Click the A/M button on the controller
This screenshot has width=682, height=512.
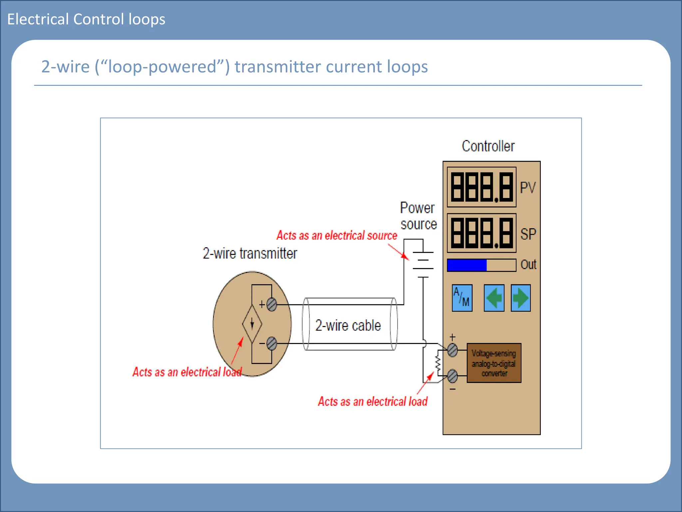pyautogui.click(x=462, y=298)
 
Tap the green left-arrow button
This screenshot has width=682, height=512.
pyautogui.click(x=494, y=298)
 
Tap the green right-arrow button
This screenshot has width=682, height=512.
pyautogui.click(x=520, y=298)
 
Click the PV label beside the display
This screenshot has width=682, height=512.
pyautogui.click(x=528, y=188)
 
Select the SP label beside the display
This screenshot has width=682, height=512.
pyautogui.click(x=528, y=234)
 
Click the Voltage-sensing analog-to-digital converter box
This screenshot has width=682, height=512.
pyautogui.click(x=494, y=363)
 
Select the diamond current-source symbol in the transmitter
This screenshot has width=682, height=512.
pyautogui.click(x=252, y=323)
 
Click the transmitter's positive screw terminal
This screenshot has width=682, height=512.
pyautogui.click(x=272, y=304)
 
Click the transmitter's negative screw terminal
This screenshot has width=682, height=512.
pyautogui.click(x=272, y=344)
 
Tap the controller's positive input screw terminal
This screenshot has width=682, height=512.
pyautogui.click(x=452, y=350)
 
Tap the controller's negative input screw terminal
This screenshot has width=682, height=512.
pyautogui.click(x=452, y=376)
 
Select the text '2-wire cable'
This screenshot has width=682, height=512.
pyautogui.click(x=348, y=325)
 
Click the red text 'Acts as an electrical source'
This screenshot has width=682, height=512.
pyautogui.click(x=337, y=235)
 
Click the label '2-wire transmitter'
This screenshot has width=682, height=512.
pyautogui.click(x=250, y=253)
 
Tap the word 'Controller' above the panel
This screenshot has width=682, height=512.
pyautogui.click(x=488, y=146)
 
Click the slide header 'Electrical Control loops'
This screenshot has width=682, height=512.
pyautogui.click(x=86, y=19)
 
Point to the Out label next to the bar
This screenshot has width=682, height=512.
pyautogui.click(x=528, y=265)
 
